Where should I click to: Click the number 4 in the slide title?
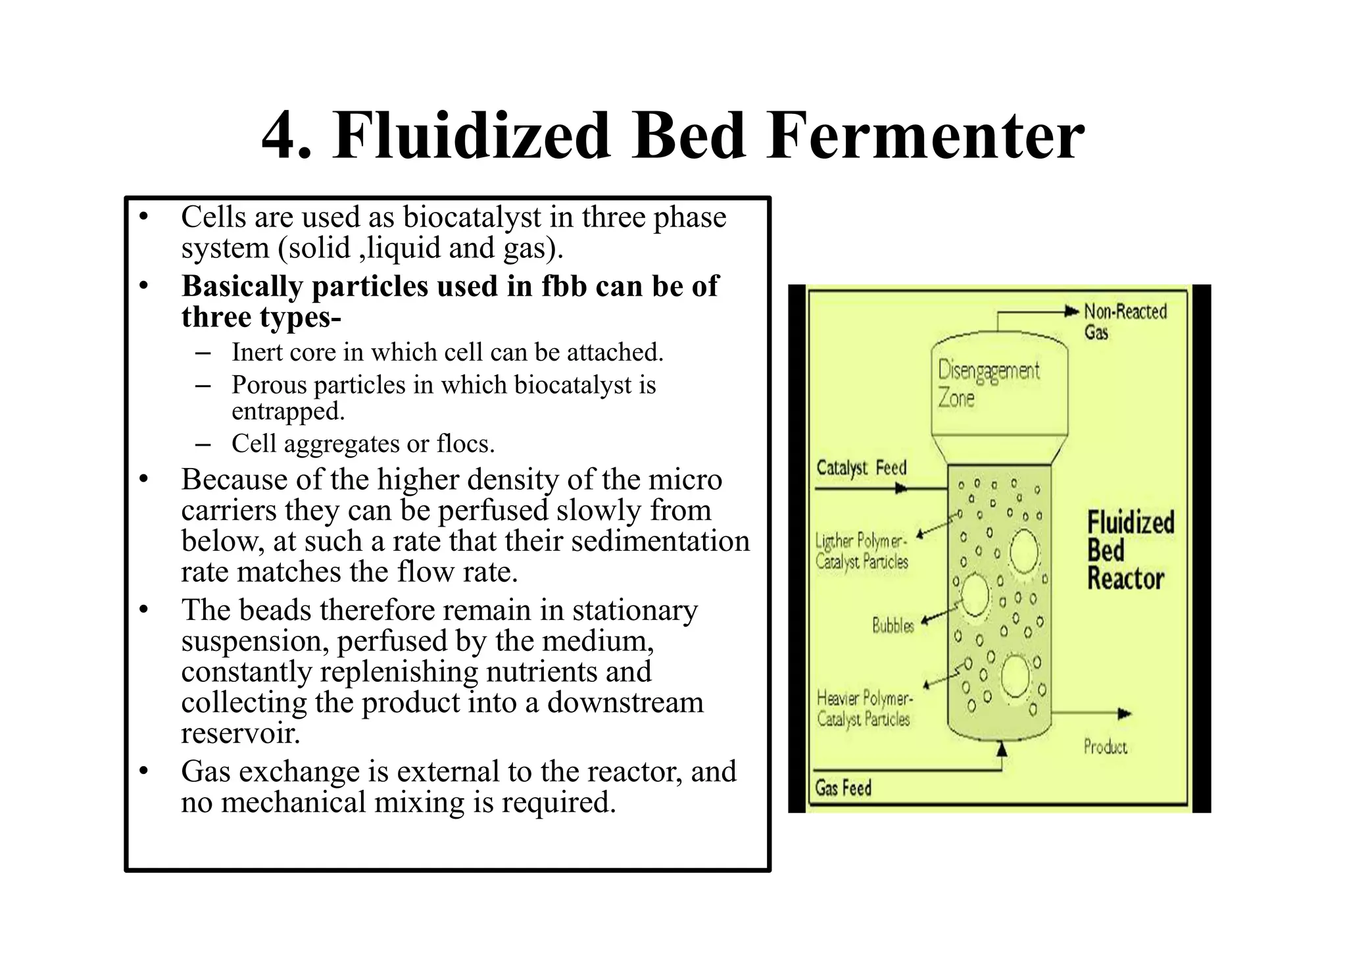pyautogui.click(x=285, y=137)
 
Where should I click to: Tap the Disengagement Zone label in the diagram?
pyautogui.click(x=988, y=384)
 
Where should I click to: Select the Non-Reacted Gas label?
pyautogui.click(x=1125, y=321)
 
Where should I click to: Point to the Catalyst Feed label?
pyautogui.click(x=861, y=468)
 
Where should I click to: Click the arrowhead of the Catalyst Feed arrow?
pyautogui.click(x=902, y=489)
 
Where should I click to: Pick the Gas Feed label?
pyautogui.click(x=843, y=788)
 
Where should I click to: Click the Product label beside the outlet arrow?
pyautogui.click(x=1105, y=747)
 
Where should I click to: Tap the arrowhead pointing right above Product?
pyautogui.click(x=1125, y=713)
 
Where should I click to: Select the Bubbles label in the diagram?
pyautogui.click(x=893, y=625)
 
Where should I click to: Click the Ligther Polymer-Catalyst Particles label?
pyautogui.click(x=862, y=552)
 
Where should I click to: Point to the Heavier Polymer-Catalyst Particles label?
pyautogui.click(x=864, y=708)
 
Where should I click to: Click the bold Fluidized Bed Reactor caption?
pyautogui.click(x=1129, y=551)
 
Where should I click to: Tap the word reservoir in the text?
pyautogui.click(x=240, y=733)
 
